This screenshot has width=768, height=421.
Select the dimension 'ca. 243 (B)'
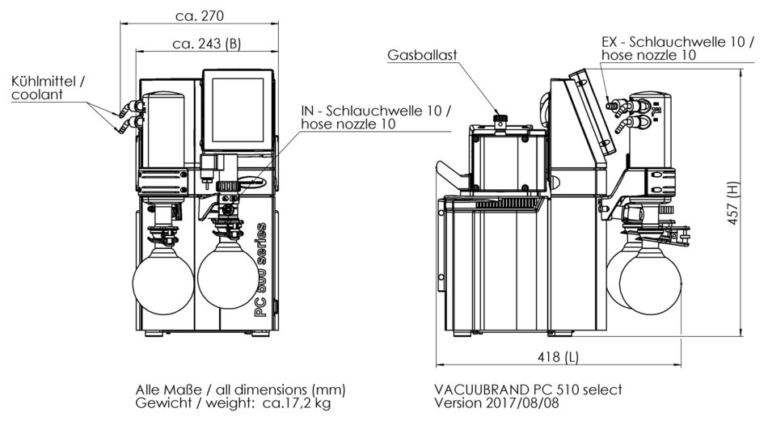tap(206, 44)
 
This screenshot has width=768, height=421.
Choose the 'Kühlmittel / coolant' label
tap(48, 87)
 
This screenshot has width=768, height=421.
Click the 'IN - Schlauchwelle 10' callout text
tap(376, 111)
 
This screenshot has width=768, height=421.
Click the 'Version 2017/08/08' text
tap(496, 402)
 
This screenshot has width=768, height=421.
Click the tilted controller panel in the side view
tap(594, 117)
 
